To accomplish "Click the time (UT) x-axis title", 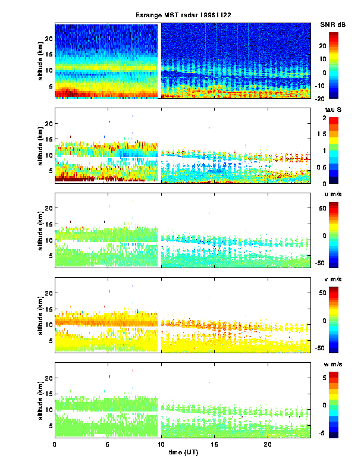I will [x=182, y=452].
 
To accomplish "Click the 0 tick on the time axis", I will [x=55, y=444].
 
